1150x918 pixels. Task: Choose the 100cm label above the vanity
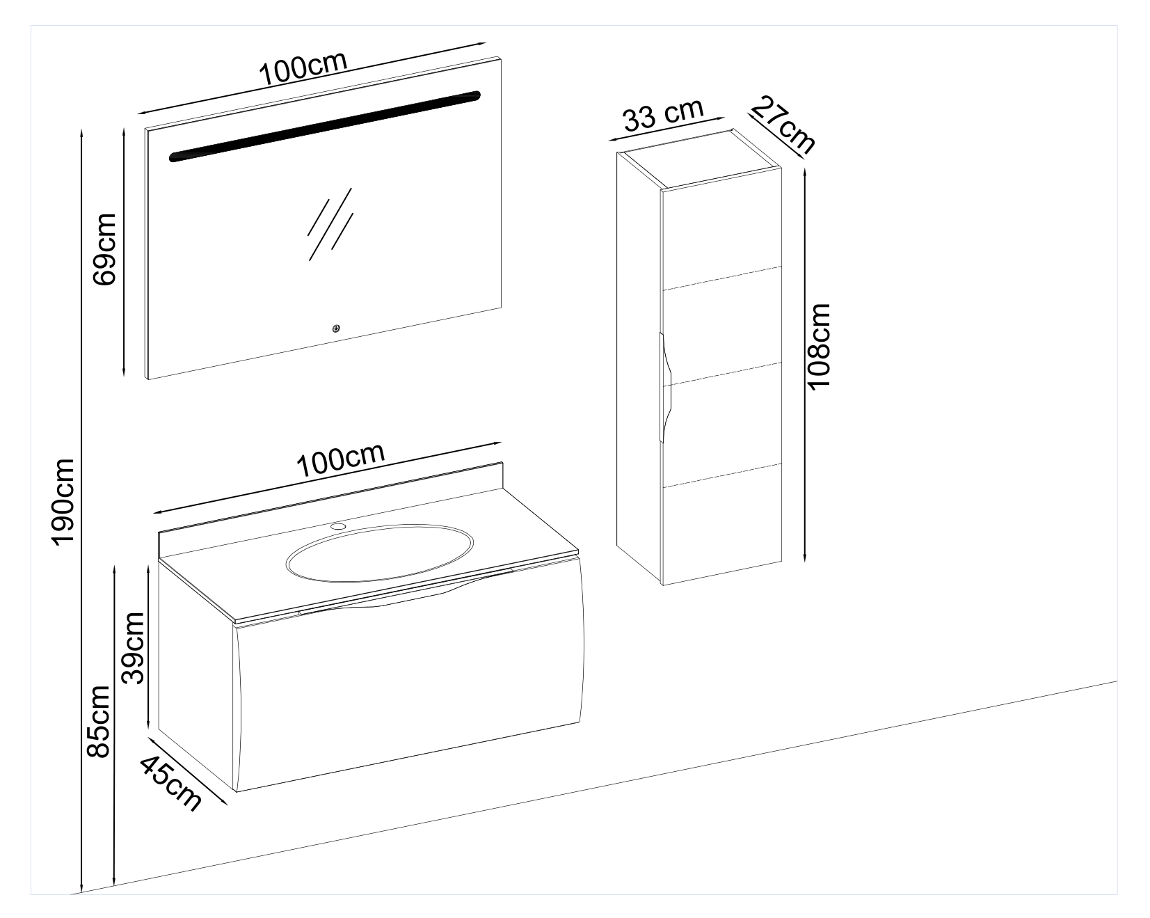click(341, 459)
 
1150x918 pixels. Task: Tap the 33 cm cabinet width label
click(663, 114)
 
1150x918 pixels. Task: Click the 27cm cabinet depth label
click(782, 126)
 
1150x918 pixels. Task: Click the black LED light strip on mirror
click(325, 126)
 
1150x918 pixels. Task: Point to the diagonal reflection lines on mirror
click(330, 223)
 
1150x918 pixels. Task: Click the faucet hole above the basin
click(339, 526)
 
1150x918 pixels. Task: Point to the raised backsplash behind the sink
click(331, 498)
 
